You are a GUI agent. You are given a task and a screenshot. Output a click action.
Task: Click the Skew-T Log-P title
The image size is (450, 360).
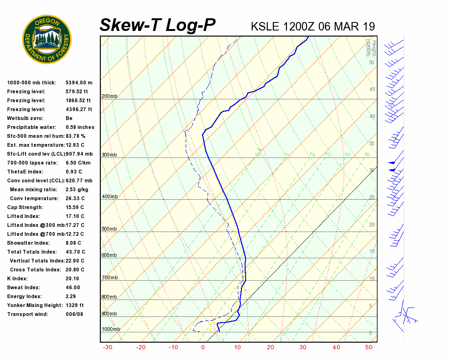point(157,25)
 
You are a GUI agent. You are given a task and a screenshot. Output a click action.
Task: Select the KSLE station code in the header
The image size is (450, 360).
point(266,26)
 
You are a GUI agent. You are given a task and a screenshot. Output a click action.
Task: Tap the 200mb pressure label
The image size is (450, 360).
point(109,97)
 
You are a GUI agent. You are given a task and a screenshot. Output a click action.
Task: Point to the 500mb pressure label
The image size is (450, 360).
point(109,229)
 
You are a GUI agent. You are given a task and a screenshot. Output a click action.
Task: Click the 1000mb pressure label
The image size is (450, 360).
point(111,330)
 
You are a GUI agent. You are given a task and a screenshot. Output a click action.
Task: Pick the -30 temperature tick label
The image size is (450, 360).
point(107,347)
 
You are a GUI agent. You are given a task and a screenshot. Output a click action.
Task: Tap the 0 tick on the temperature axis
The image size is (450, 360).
point(203,347)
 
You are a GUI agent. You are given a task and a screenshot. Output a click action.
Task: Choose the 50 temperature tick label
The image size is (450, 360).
point(369,347)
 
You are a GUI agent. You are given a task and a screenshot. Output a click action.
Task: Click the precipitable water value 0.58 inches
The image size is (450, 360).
point(80,127)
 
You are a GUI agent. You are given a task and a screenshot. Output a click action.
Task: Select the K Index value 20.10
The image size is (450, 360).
point(73,278)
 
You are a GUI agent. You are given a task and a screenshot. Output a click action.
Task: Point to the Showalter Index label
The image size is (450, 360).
point(28,243)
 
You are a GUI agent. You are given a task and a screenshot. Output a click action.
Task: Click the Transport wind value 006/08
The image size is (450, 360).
point(74,314)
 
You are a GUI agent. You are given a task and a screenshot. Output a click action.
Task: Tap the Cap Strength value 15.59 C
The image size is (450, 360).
point(75,207)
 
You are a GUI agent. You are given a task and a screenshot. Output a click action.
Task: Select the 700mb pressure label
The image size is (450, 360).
point(109,278)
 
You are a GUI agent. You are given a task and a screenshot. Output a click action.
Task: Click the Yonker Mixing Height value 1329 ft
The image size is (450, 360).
point(75,305)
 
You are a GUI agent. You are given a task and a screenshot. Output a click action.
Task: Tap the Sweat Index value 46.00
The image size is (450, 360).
point(73,287)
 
